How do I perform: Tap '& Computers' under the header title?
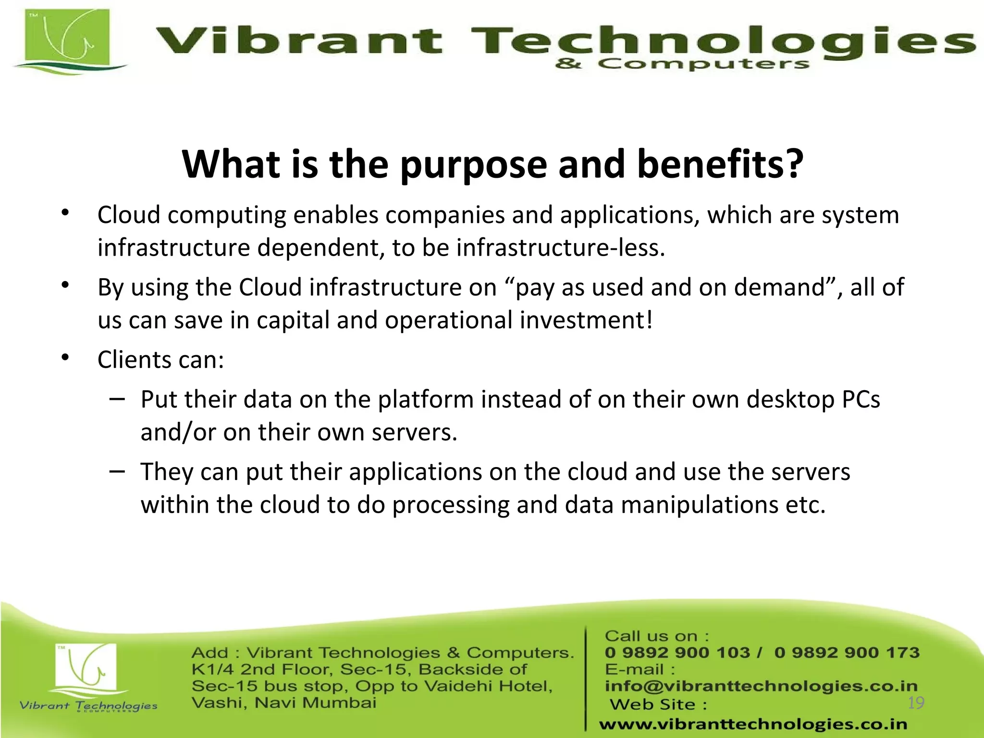coord(682,64)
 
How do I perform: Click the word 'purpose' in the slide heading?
coord(473,165)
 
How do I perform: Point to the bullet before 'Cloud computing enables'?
coord(66,213)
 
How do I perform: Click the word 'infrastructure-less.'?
coord(560,248)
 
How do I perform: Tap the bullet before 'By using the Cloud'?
coord(66,285)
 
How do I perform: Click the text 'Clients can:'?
coord(160,359)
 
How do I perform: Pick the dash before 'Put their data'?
coord(117,398)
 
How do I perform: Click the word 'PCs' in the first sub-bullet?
coord(861,399)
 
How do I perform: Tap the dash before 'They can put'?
coord(117,471)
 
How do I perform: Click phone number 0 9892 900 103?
coord(676,652)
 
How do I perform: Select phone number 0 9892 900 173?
coord(847,652)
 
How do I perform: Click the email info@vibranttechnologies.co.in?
coord(761,686)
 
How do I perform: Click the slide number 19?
coord(916,703)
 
